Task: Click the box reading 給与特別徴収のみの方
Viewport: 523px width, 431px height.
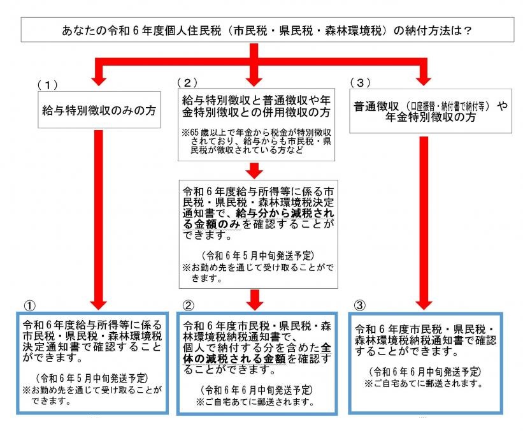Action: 97,109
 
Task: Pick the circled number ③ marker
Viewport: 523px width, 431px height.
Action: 359,302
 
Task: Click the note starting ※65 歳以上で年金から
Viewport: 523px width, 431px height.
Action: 255,145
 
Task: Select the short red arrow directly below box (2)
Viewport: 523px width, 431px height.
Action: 255,171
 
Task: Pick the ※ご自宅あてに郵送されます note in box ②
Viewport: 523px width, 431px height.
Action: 255,402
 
